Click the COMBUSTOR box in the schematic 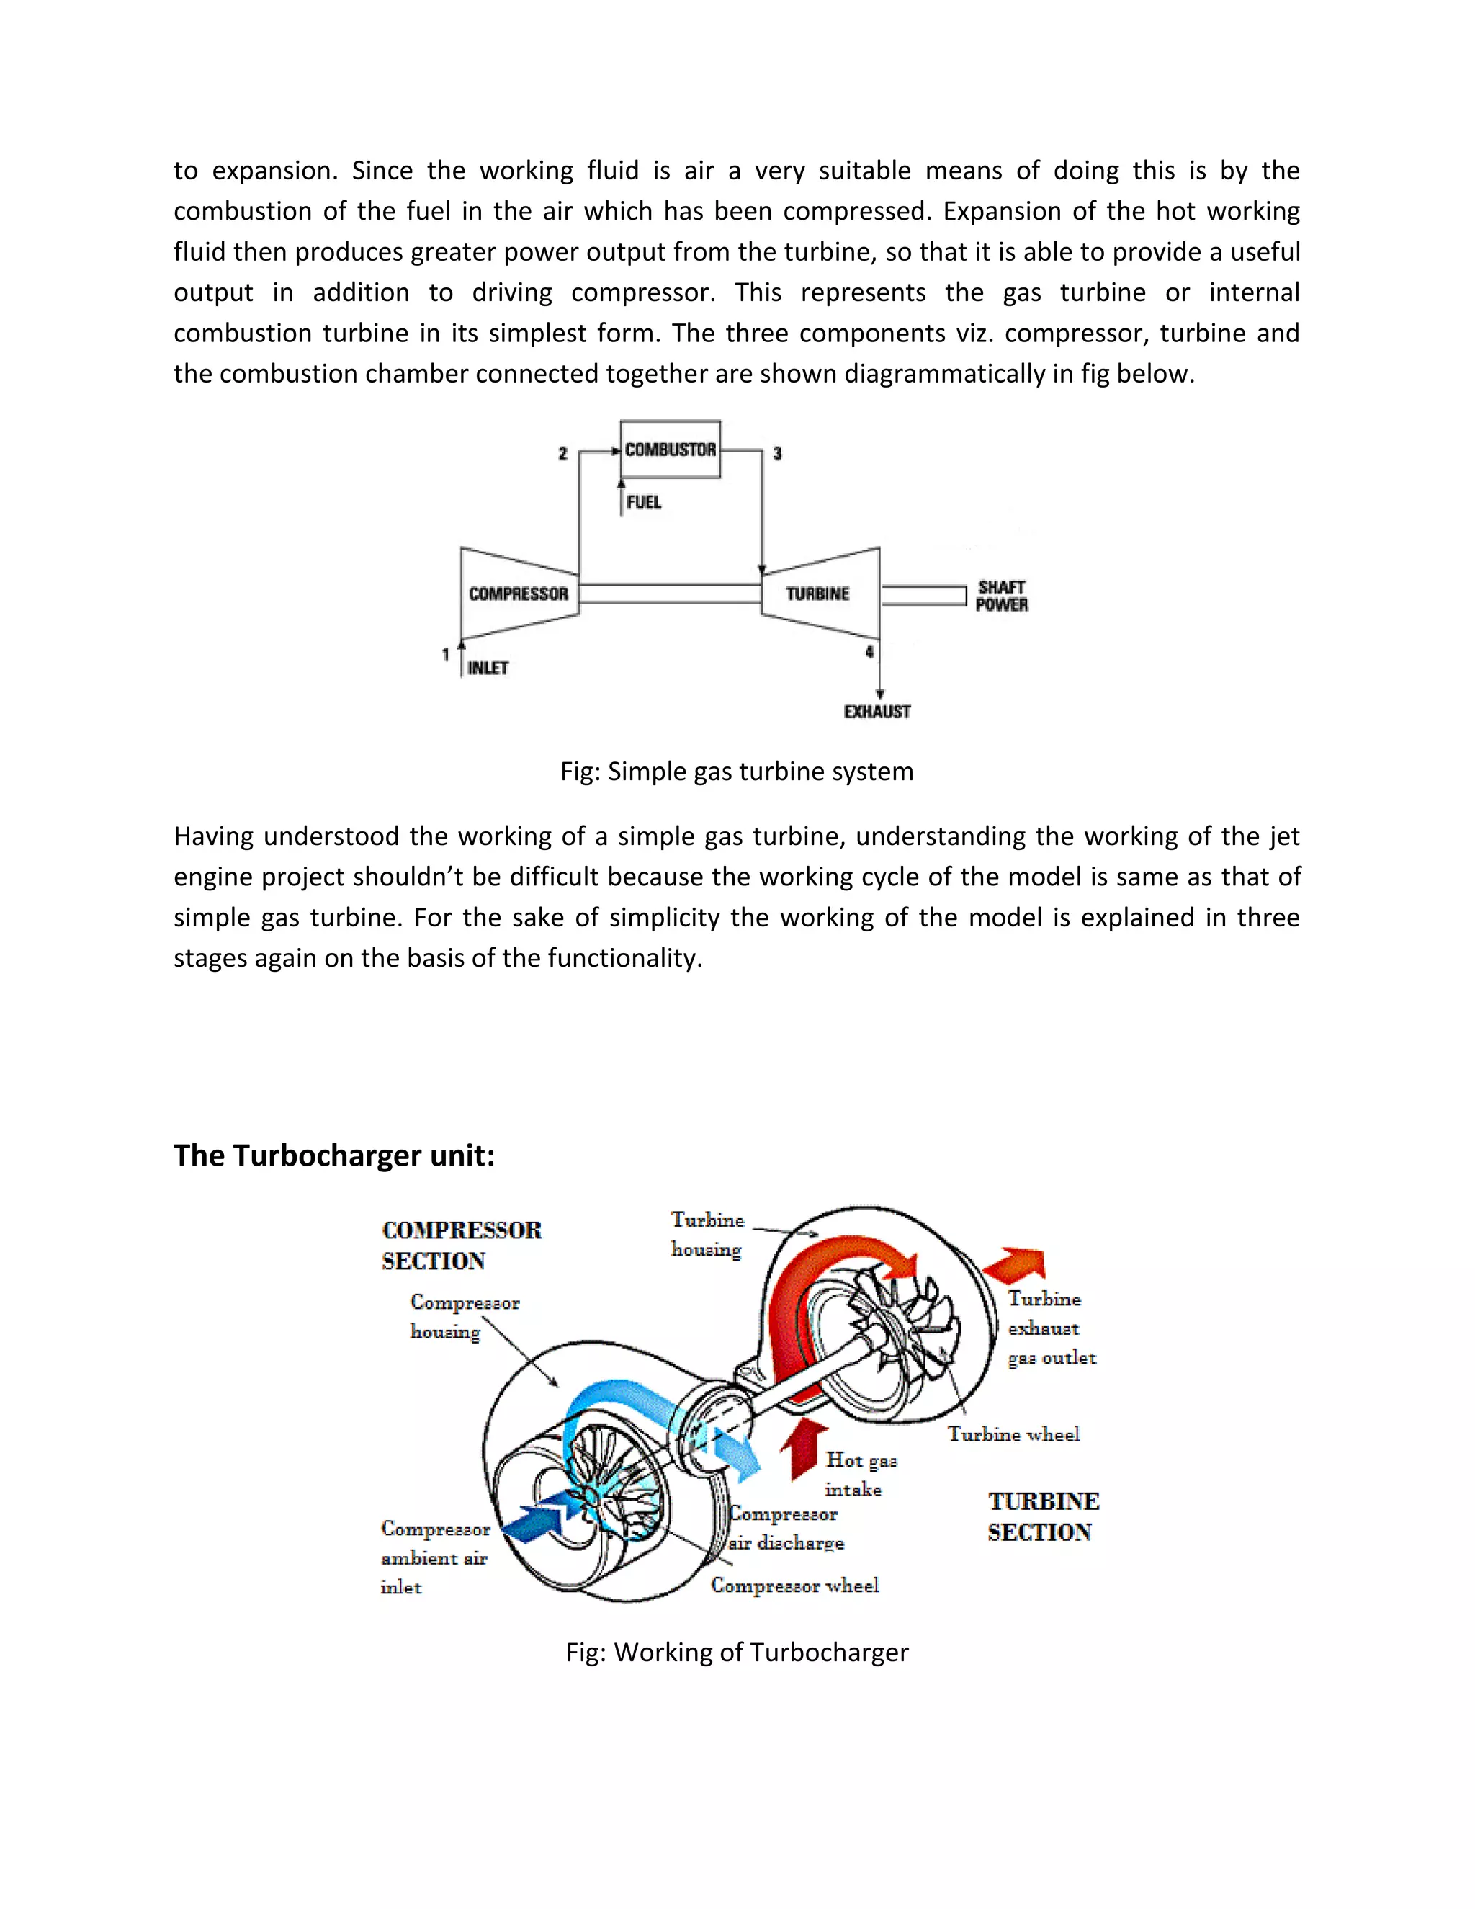(671, 450)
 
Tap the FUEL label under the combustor (644, 501)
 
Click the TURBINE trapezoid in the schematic (818, 594)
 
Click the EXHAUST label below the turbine (877, 712)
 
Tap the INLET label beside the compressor (488, 668)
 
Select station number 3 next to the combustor (777, 453)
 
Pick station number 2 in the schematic (562, 453)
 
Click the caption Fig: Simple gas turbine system (737, 771)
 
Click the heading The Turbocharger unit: (333, 1155)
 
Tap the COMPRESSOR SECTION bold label (462, 1246)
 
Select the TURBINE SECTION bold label (1044, 1516)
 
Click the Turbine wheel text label (1013, 1434)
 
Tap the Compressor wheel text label (794, 1586)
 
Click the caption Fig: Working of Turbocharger (737, 1652)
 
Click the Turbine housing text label (707, 1234)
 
